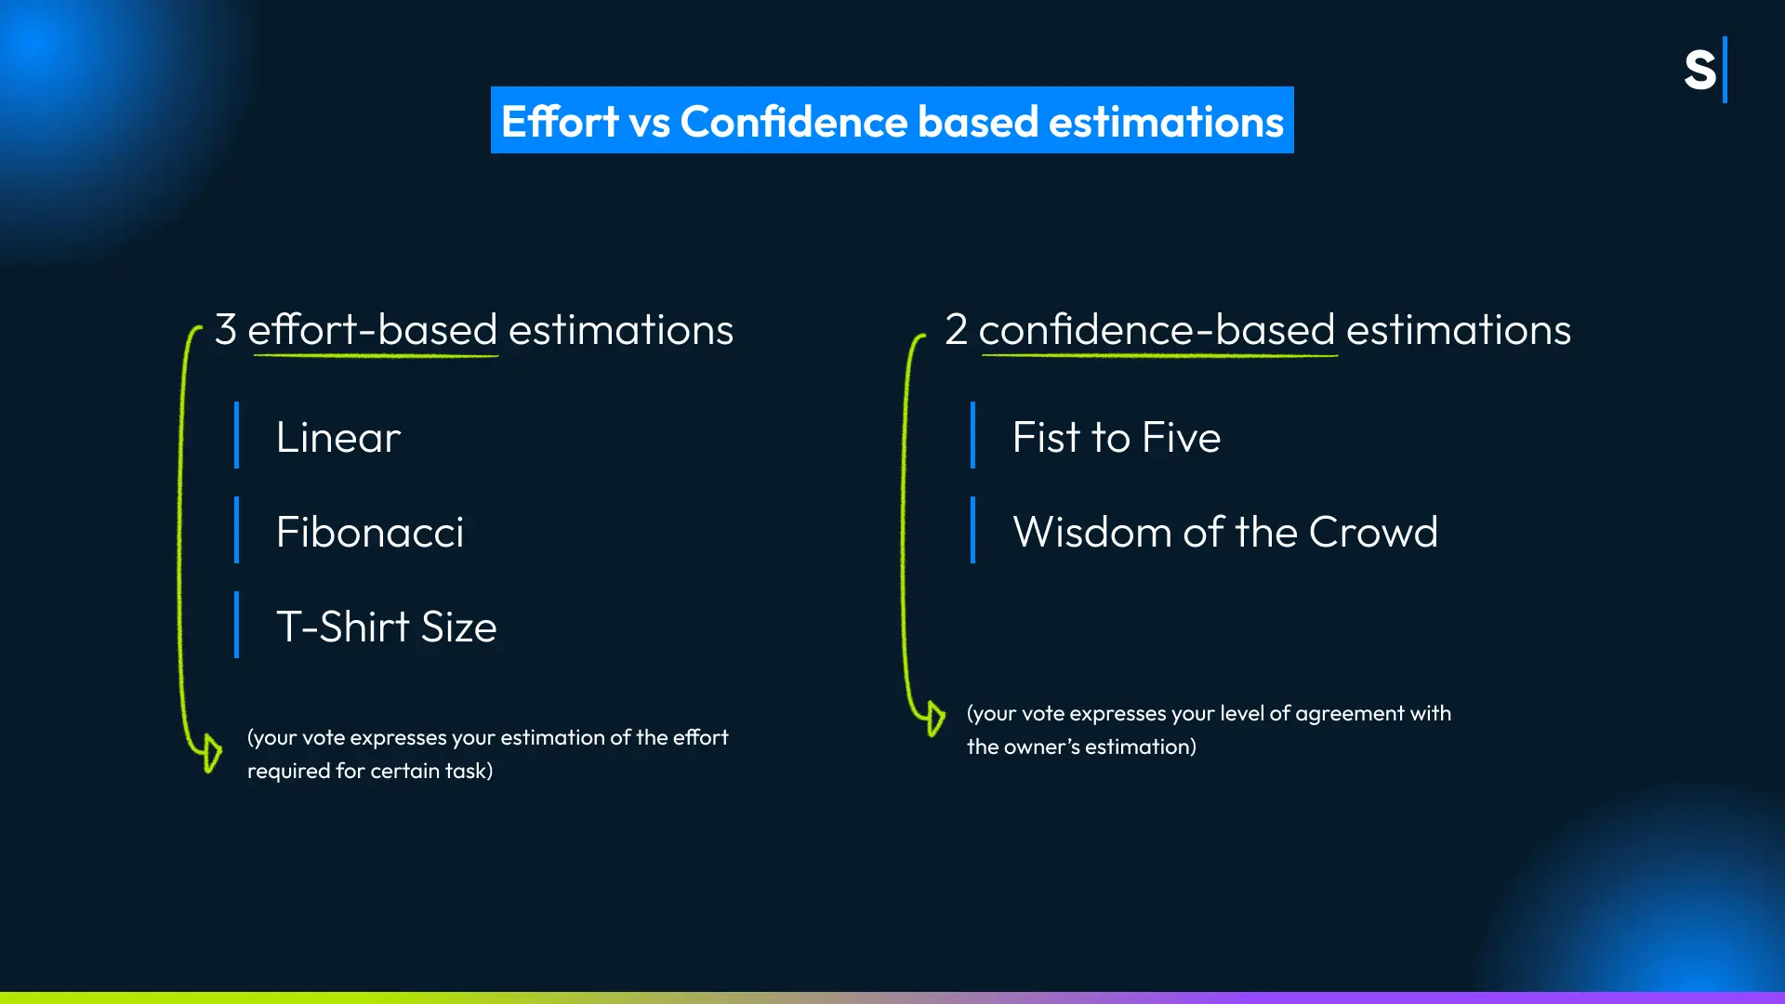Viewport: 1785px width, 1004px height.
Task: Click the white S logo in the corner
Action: click(x=1699, y=71)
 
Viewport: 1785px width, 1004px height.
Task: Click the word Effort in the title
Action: click(x=560, y=122)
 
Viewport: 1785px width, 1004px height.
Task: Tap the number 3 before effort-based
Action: click(x=226, y=329)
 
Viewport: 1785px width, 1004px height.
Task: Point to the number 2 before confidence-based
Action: click(x=956, y=329)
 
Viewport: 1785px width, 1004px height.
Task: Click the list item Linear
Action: click(x=338, y=437)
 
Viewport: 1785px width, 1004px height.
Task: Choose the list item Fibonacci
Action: click(x=370, y=532)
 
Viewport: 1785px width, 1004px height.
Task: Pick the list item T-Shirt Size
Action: click(x=387, y=627)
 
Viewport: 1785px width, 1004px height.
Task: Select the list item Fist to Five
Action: click(x=1117, y=437)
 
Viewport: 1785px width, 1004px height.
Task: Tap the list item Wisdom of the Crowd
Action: click(x=1225, y=532)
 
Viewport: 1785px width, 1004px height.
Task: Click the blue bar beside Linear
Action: click(x=236, y=435)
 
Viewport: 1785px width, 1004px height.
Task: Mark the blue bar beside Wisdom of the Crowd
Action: click(x=972, y=530)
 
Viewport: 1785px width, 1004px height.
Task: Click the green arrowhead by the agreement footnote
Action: click(x=935, y=718)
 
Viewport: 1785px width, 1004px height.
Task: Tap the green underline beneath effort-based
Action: click(x=376, y=355)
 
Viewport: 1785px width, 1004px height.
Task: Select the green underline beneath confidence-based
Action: click(x=1159, y=355)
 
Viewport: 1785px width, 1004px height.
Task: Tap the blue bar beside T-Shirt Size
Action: click(x=236, y=625)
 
